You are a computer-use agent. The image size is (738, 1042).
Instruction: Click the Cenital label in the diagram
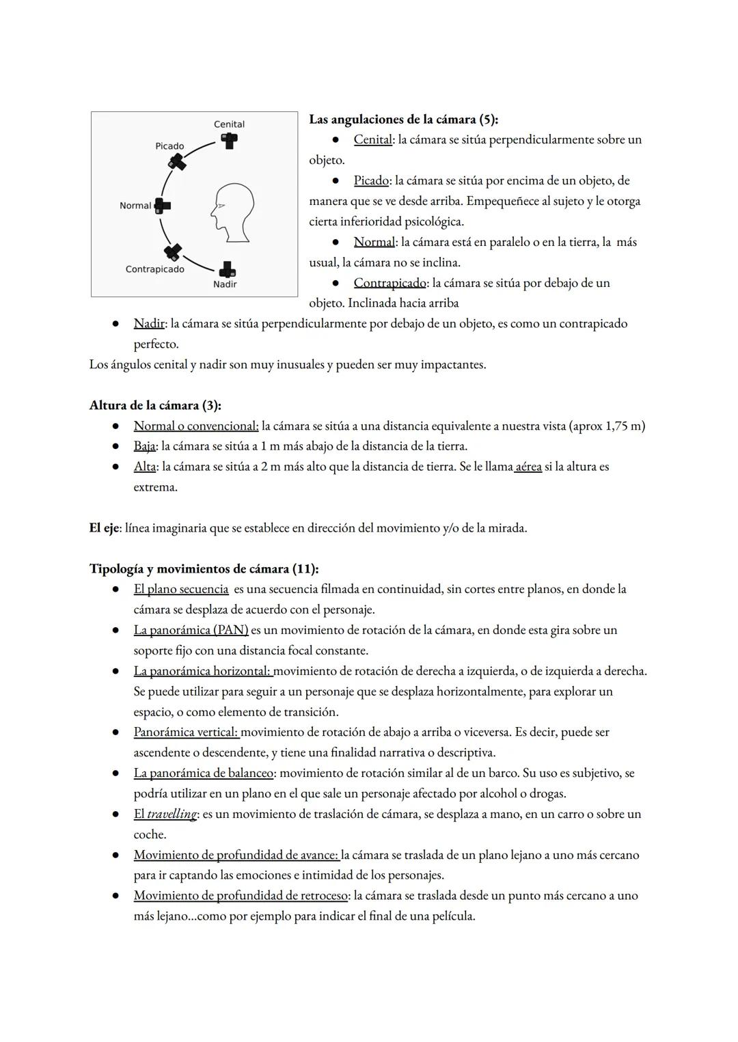point(229,124)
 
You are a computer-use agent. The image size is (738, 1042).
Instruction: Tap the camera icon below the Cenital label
point(229,141)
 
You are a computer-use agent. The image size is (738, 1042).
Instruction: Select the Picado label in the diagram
point(169,146)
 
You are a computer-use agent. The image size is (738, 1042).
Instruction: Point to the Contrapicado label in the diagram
point(155,269)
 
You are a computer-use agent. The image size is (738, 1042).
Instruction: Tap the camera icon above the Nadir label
point(227,269)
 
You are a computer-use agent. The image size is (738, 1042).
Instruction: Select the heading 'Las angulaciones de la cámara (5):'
point(403,120)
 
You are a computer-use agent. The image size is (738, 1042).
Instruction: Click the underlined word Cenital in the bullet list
point(372,139)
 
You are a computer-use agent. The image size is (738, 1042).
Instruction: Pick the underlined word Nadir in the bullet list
point(148,323)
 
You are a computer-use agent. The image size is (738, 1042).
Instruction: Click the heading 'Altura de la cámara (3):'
point(155,405)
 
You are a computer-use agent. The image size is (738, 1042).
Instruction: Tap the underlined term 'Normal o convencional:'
point(196,426)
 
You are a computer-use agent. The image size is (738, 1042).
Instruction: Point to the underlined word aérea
point(528,467)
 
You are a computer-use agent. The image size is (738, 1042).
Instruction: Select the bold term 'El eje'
point(104,528)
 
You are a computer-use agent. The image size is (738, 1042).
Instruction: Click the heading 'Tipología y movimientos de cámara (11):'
point(204,568)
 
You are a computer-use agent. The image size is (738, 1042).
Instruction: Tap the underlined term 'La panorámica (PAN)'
point(191,630)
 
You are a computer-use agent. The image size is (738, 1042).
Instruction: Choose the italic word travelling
point(172,814)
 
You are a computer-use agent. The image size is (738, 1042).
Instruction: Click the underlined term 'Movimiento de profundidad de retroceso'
point(241,895)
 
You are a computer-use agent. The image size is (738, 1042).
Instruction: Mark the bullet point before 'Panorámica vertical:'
point(117,732)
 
